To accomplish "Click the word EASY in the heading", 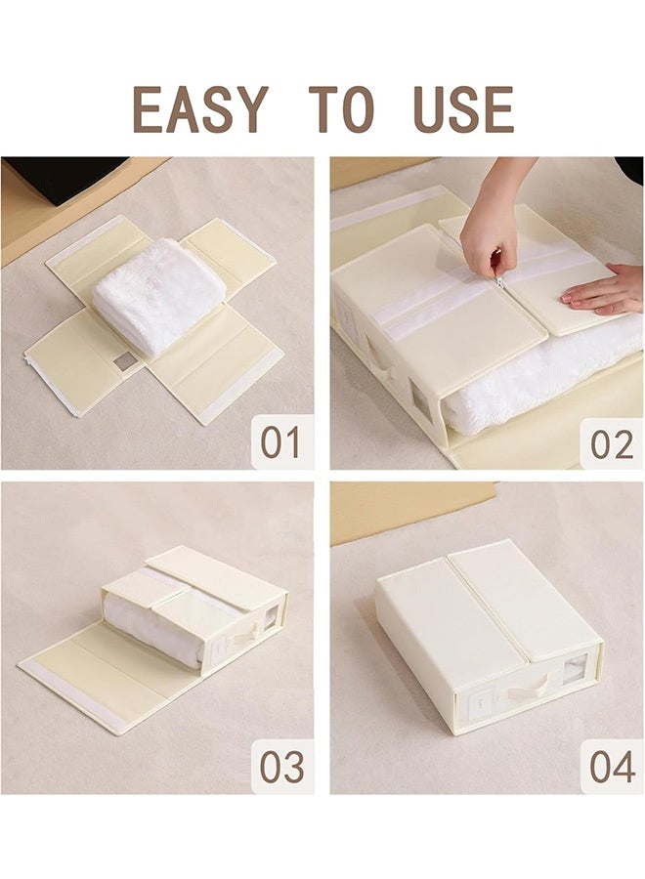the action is (x=200, y=108).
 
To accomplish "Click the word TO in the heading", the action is (x=341, y=108).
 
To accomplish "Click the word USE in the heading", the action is (x=464, y=108).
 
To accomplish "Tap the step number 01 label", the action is (x=279, y=442).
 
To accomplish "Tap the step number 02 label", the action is (x=612, y=443).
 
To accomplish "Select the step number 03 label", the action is (x=281, y=767).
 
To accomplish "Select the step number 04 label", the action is (x=613, y=767).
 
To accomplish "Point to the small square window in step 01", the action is (x=122, y=362).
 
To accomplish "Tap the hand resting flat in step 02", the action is (x=603, y=290).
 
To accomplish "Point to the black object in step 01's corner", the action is (x=63, y=179).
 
